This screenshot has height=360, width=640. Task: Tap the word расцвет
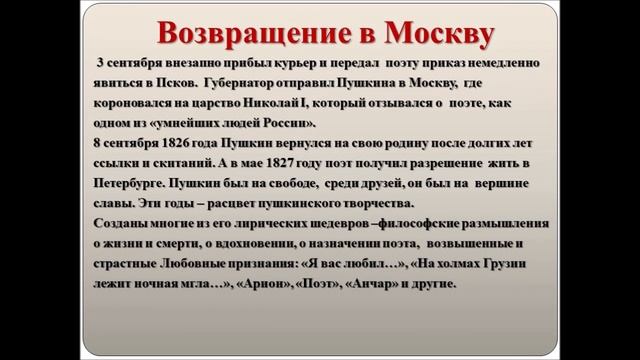243,198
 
